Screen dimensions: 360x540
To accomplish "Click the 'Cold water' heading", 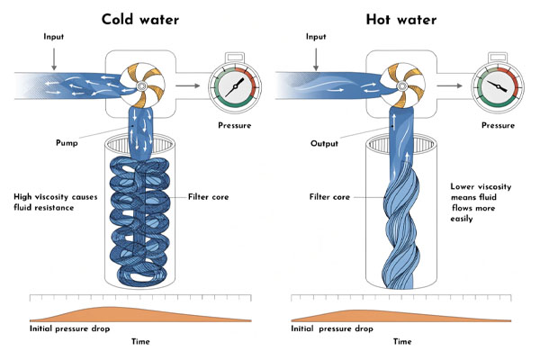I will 142,19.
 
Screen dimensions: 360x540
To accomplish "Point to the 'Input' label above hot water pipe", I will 315,38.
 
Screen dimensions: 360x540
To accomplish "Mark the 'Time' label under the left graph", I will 140,341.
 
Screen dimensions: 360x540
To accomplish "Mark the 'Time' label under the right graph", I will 402,341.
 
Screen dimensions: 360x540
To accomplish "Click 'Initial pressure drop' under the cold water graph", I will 70,330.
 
